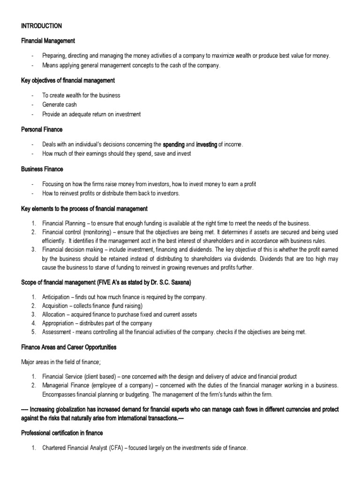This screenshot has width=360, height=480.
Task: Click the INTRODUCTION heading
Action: coord(41,26)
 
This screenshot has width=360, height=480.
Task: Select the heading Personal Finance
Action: coord(42,129)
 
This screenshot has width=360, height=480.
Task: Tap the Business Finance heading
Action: coord(42,169)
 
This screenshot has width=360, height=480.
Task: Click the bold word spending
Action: coord(173,144)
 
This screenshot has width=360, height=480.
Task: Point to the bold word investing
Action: coord(207,144)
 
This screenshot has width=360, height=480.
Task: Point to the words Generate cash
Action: coord(60,105)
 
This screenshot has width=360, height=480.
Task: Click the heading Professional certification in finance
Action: coord(62,433)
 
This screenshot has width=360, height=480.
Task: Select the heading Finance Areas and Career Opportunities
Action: coord(69,347)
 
